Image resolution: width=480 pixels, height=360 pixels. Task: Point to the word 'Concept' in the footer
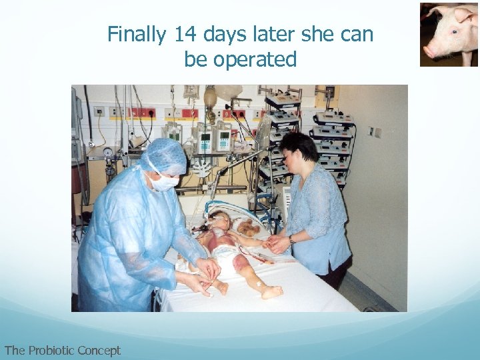click(99, 350)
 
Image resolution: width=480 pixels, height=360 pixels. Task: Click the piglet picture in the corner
click(449, 34)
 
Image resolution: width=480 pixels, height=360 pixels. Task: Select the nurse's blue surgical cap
click(163, 154)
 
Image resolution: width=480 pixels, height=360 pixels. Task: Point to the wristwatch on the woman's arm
click(291, 239)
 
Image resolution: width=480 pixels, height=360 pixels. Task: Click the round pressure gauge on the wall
click(108, 152)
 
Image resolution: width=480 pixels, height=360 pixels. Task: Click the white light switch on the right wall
click(371, 132)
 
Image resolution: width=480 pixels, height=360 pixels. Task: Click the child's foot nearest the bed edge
click(271, 292)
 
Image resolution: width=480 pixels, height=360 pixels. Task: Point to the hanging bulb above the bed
click(211, 99)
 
